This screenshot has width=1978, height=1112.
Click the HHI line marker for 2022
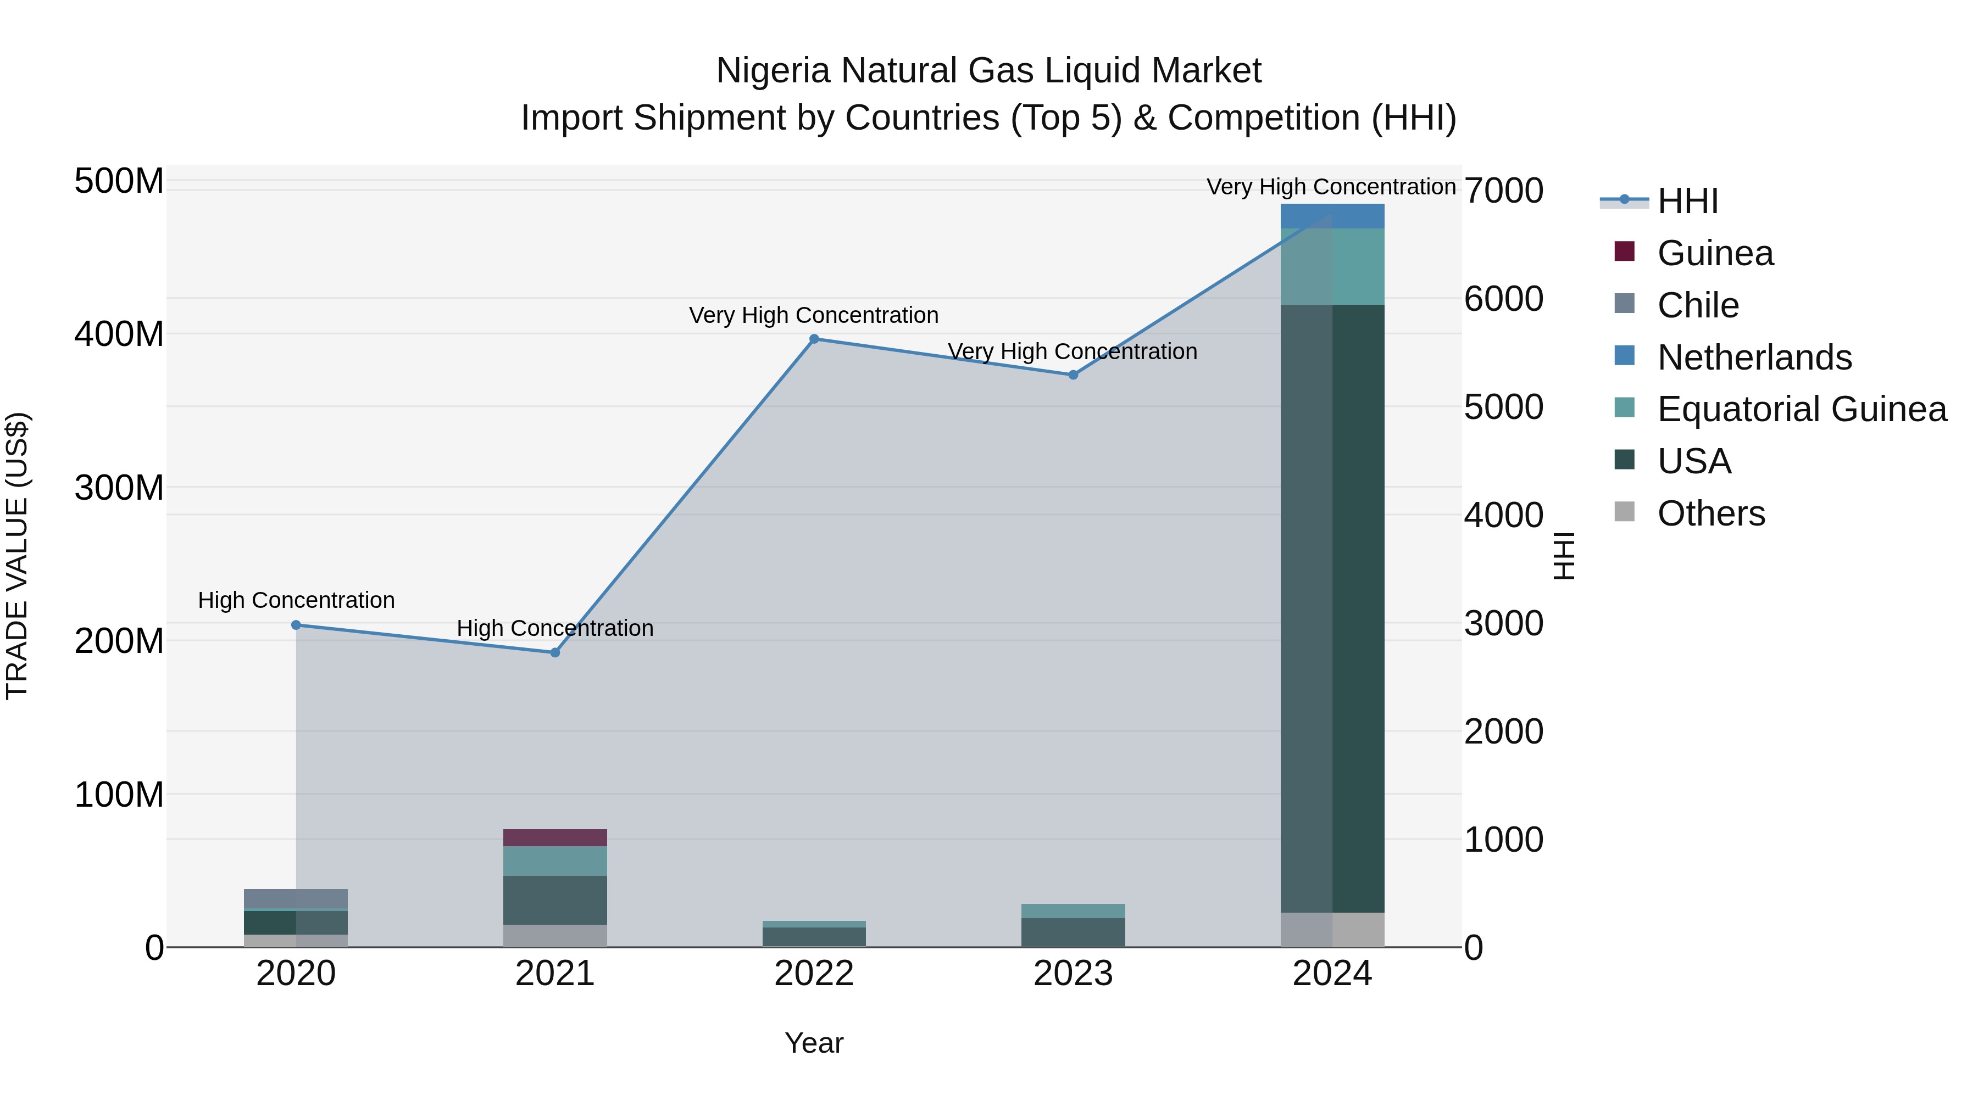[x=814, y=339]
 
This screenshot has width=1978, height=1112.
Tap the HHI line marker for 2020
[x=296, y=625]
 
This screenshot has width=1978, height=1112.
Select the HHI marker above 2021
[x=555, y=652]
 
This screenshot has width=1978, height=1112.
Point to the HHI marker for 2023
[x=1074, y=375]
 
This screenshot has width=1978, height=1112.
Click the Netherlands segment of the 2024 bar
[x=1332, y=216]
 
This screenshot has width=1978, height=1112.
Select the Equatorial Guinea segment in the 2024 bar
[x=1332, y=266]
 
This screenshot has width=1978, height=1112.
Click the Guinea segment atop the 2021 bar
[x=555, y=837]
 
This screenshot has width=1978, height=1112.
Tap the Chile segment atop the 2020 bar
[x=296, y=898]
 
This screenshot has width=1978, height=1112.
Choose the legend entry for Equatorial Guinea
[x=1801, y=409]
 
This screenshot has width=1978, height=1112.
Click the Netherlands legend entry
[x=1754, y=357]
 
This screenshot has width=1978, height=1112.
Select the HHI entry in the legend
[x=1687, y=201]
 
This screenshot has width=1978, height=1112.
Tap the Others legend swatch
[x=1625, y=511]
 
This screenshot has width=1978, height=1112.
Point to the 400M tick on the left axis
[x=119, y=334]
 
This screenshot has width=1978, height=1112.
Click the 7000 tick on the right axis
[x=1503, y=191]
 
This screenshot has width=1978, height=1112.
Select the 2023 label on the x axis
[x=1074, y=974]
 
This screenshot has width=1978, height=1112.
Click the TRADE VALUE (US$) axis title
[x=17, y=556]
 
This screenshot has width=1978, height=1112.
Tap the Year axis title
[x=814, y=1043]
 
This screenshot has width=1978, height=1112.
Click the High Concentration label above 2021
[x=555, y=628]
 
